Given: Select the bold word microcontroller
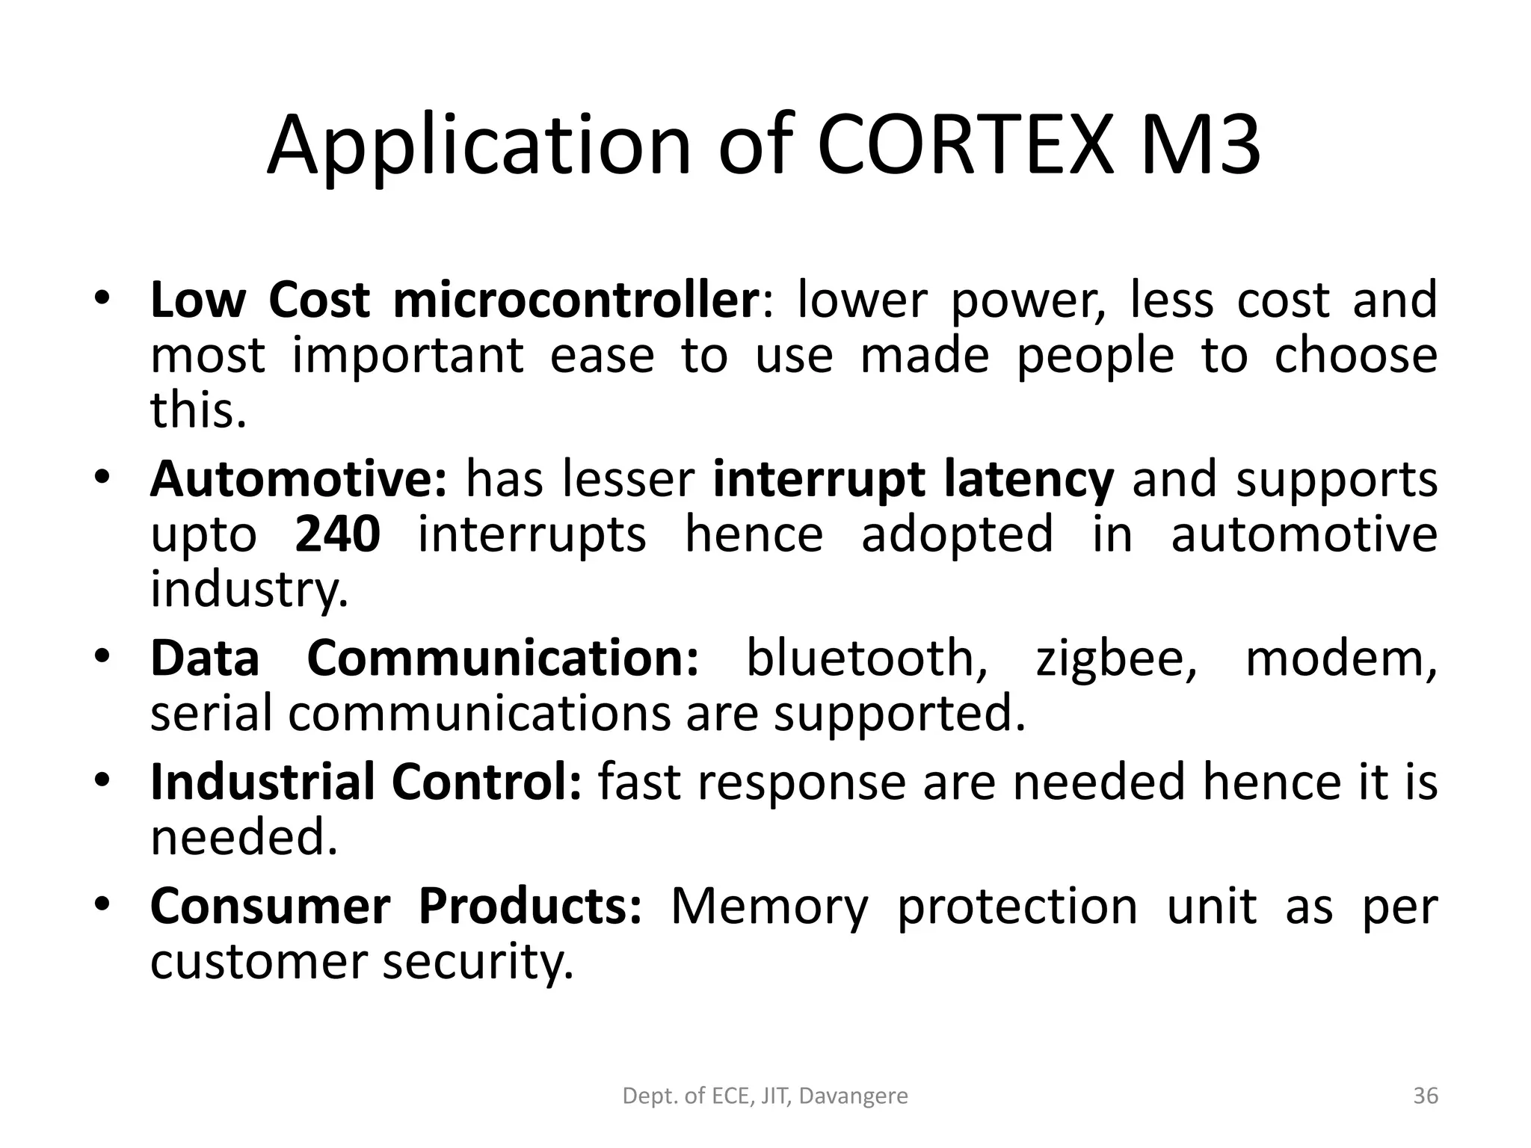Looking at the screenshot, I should coord(576,300).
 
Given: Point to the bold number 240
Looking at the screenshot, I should coord(337,535).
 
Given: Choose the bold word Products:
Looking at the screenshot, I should coord(530,907).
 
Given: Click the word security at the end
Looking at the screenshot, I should coord(478,963).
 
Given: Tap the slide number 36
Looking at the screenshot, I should coord(1426,1096).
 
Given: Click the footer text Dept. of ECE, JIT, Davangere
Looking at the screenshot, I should coord(765,1096).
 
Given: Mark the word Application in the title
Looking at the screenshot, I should coord(479,146).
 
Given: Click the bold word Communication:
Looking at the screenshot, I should coord(503,658).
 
